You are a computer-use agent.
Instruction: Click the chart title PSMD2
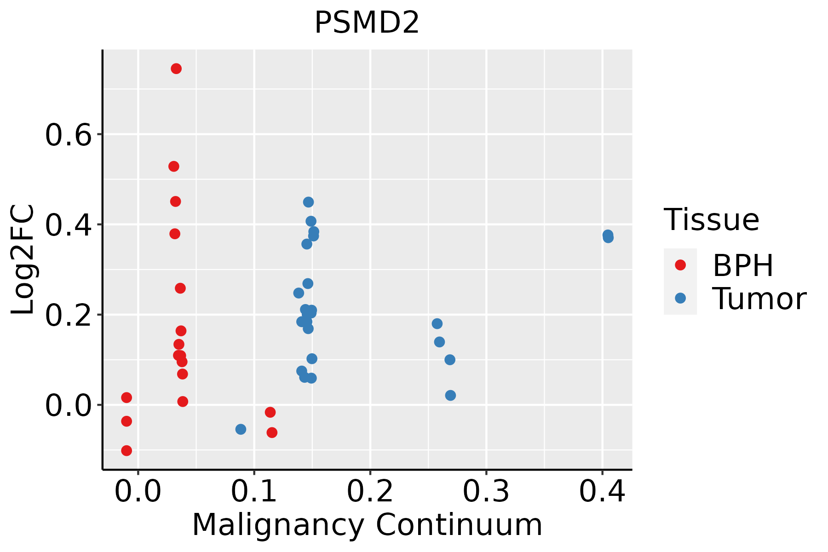367,23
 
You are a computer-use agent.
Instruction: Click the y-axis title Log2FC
23,260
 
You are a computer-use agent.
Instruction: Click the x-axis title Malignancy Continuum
367,525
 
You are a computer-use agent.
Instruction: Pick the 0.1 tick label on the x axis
254,491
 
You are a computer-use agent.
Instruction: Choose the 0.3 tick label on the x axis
486,491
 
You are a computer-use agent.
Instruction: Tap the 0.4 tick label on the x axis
602,491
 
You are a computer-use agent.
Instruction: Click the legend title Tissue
712,220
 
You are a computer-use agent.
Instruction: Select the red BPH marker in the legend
680,265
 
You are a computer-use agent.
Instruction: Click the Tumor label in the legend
759,299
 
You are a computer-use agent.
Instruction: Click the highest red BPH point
176,69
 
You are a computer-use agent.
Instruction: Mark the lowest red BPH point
126,450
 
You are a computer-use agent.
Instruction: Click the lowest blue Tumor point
241,429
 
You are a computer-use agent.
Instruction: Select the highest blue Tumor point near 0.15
308,202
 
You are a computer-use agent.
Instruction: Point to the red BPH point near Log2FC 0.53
173,166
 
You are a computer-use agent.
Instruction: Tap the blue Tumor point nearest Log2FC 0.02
450,395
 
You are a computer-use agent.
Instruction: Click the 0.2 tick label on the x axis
370,491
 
